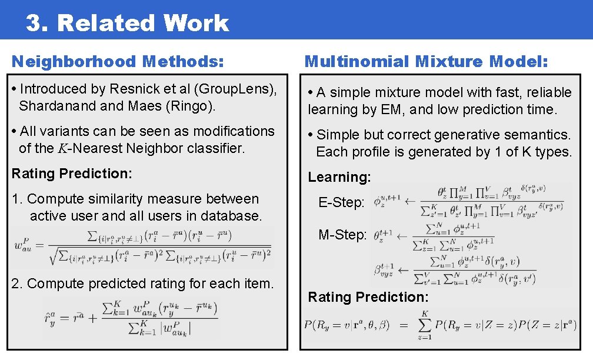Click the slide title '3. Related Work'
[x=127, y=23]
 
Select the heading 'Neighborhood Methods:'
[x=118, y=61]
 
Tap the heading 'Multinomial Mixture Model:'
[x=427, y=61]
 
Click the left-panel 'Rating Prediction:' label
[x=72, y=174]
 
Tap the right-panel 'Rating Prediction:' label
[x=368, y=297]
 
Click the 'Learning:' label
[x=339, y=177]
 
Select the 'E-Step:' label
[x=341, y=203]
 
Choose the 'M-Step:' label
[x=342, y=235]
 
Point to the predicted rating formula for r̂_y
[x=131, y=318]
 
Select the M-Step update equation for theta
[x=435, y=235]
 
